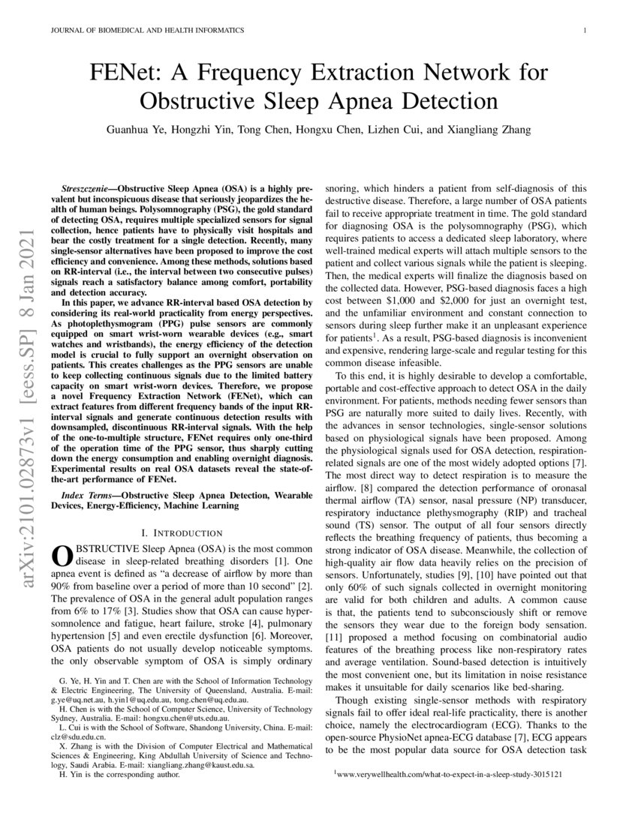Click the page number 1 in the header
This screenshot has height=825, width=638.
pyautogui.click(x=583, y=31)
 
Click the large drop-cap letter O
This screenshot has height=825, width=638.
pyautogui.click(x=59, y=556)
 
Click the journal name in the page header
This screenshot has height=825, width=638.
pyautogui.click(x=146, y=31)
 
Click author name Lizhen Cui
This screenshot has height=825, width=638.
pyautogui.click(x=387, y=130)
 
